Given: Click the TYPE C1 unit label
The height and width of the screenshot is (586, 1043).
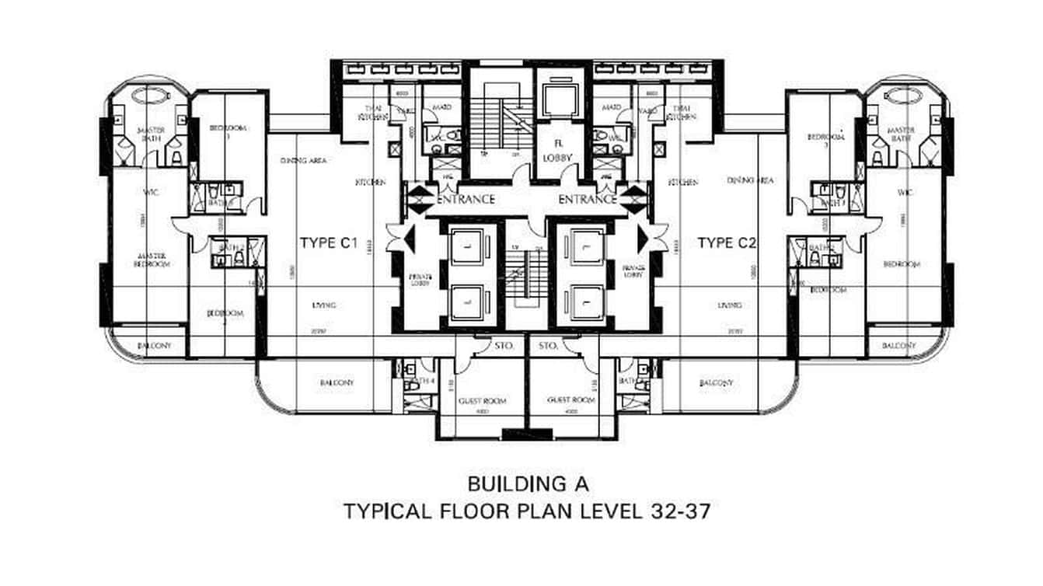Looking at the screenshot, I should pyautogui.click(x=328, y=243).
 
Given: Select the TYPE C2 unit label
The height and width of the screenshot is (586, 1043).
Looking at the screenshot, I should pyautogui.click(x=727, y=243).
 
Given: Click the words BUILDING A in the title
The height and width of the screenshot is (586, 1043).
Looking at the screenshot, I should pyautogui.click(x=528, y=483).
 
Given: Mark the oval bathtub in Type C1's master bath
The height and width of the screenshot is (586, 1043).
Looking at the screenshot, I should pyautogui.click(x=148, y=95).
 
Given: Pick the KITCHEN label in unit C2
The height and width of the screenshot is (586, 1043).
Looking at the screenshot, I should pyautogui.click(x=682, y=182).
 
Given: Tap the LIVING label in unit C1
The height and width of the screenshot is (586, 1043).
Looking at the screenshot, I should pyautogui.click(x=324, y=305).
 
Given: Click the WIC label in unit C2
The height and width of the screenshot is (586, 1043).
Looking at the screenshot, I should pyautogui.click(x=903, y=192).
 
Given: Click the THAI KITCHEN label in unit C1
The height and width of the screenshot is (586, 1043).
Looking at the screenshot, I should pyautogui.click(x=370, y=112).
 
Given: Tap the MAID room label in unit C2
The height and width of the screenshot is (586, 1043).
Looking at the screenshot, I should pyautogui.click(x=611, y=108).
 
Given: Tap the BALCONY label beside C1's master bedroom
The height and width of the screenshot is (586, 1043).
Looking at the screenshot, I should pyautogui.click(x=149, y=346).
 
